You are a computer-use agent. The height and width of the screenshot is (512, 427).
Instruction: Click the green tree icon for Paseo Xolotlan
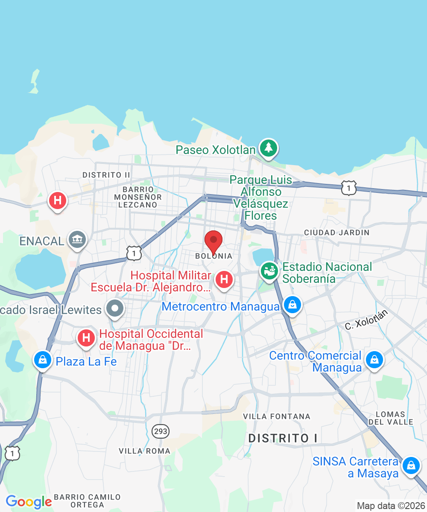[268, 148]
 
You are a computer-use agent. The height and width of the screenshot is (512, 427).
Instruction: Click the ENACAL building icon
[77, 240]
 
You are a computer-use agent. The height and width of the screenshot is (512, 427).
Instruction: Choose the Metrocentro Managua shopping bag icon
[292, 305]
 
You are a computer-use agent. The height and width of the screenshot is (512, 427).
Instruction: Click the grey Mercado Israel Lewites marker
[115, 308]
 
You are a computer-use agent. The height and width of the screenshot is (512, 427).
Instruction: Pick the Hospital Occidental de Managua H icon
[86, 338]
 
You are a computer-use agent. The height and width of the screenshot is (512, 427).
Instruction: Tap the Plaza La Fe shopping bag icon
[43, 360]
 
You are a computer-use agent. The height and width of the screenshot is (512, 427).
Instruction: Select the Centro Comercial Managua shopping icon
[374, 360]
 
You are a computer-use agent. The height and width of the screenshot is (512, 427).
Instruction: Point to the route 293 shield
[161, 431]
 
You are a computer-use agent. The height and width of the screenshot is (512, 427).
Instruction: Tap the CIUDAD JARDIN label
[336, 233]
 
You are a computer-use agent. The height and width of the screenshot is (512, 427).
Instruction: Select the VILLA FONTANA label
[277, 416]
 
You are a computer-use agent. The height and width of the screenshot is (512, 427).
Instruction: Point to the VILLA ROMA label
[144, 451]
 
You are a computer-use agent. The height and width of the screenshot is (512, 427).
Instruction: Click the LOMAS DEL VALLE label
[391, 418]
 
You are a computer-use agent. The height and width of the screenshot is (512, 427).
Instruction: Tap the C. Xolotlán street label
[366, 319]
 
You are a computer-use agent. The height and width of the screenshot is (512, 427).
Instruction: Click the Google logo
[29, 502]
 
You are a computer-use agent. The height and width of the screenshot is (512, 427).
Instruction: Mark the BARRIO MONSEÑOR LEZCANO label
[138, 197]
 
